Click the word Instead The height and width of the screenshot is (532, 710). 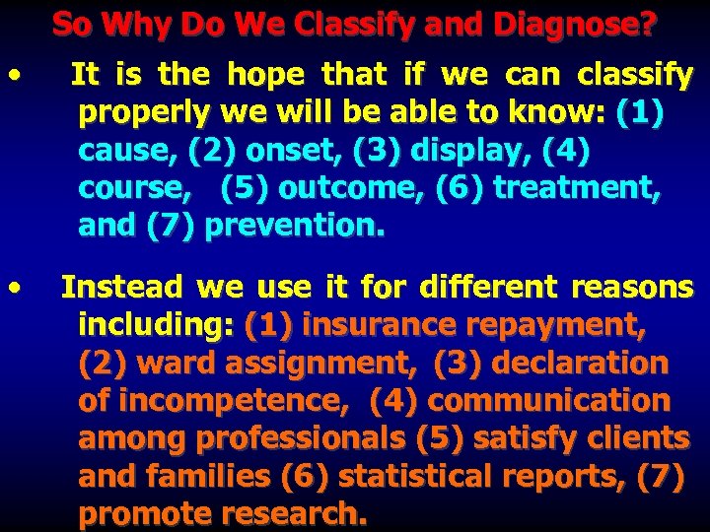122,288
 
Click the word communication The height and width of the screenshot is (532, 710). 548,401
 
